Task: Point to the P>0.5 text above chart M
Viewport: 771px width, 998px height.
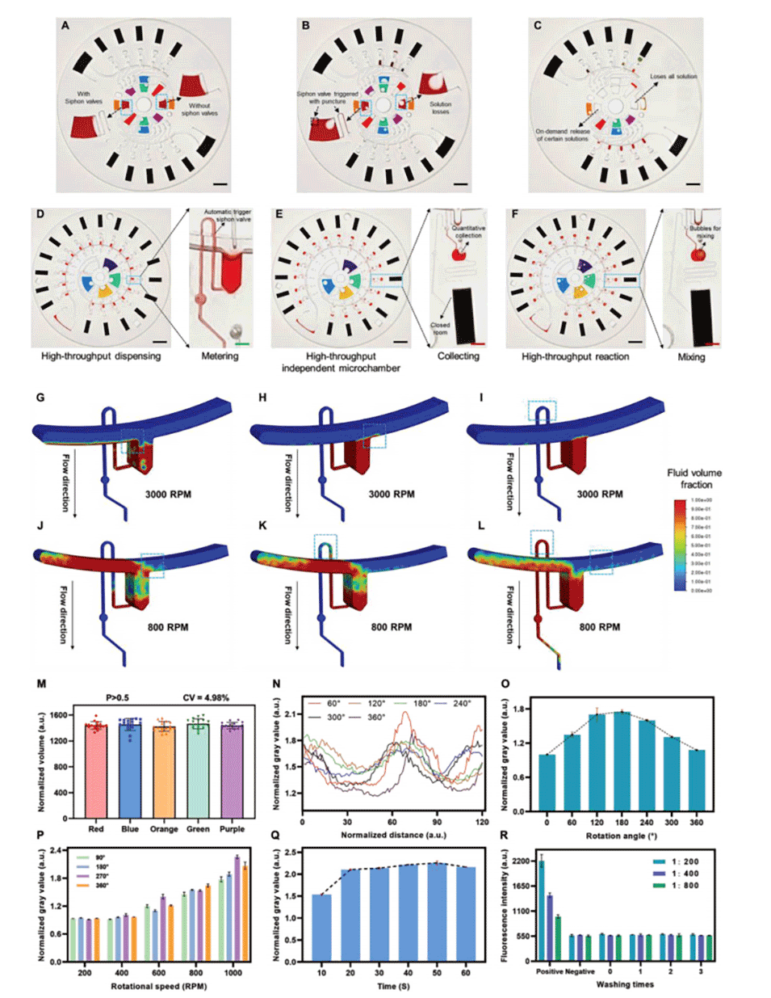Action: pos(119,697)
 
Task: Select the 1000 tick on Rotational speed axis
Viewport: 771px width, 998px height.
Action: pos(233,973)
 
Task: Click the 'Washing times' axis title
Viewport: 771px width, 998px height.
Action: pos(626,984)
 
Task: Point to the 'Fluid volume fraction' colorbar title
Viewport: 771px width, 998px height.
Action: pos(694,478)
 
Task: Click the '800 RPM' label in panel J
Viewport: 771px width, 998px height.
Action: pos(168,627)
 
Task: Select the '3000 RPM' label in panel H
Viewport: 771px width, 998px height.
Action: pos(391,494)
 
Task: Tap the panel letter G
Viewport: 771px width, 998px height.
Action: pos(40,398)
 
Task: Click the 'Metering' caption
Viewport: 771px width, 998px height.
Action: pos(220,356)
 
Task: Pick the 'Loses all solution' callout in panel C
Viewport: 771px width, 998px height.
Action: pos(673,77)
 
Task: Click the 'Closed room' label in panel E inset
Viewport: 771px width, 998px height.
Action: pos(440,329)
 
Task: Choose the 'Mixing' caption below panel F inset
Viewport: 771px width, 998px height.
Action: pos(691,356)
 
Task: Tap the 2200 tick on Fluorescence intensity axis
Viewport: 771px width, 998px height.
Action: pos(521,861)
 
